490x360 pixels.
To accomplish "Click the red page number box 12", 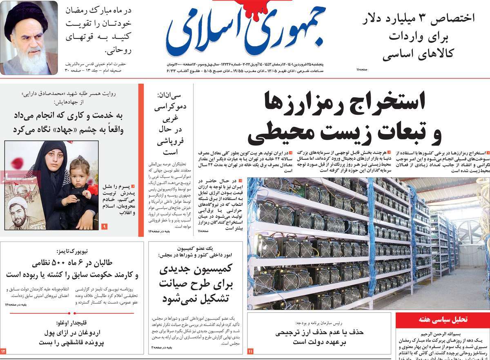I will (3, 351).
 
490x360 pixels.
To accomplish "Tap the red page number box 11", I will (250, 351).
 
